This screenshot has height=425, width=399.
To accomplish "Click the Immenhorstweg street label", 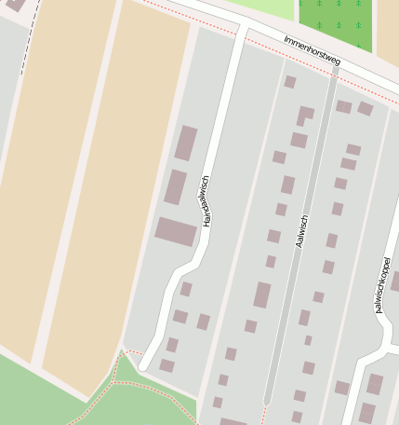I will click(313, 52).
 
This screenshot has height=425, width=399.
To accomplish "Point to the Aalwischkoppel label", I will click(383, 289).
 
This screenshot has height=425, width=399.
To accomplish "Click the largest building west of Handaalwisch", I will click(176, 231).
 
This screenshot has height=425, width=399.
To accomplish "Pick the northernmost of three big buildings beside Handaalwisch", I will click(186, 143).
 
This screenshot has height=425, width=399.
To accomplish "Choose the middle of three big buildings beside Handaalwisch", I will click(176, 186).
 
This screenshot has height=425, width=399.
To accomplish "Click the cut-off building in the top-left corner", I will click(13, 5).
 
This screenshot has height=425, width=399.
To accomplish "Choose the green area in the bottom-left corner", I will click(37, 396).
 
